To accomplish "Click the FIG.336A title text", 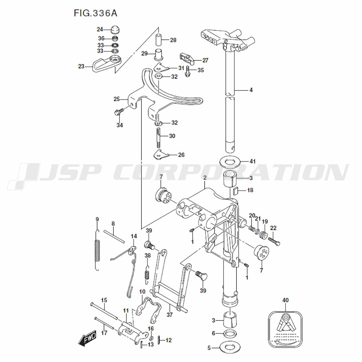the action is pyautogui.click(x=95, y=13).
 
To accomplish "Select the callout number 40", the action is pyautogui.click(x=285, y=300).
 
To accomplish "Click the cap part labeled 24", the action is pyautogui.click(x=115, y=29).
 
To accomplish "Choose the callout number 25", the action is pyautogui.click(x=117, y=99).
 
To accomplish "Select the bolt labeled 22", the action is pyautogui.click(x=275, y=241).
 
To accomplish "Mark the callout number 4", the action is pyautogui.click(x=251, y=90).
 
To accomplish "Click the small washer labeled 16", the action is pyautogui.click(x=151, y=338).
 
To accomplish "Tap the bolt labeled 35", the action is pyautogui.click(x=188, y=71).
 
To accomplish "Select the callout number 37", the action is pyautogui.click(x=169, y=315).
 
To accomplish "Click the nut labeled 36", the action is pyautogui.click(x=115, y=38).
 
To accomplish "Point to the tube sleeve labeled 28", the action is pyautogui.click(x=159, y=40).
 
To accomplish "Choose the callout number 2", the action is pyautogui.click(x=205, y=178).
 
